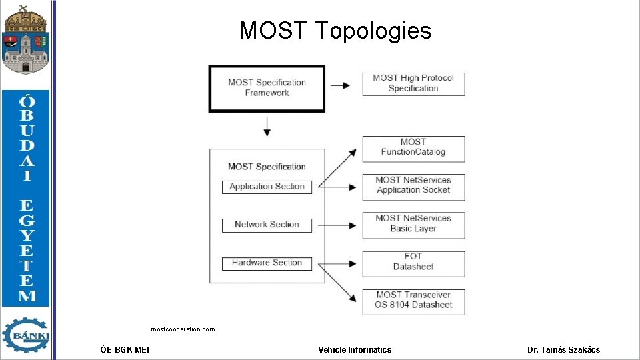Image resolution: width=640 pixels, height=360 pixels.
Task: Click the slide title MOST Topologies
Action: click(335, 31)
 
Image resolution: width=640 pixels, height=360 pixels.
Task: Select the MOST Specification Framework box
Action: click(267, 88)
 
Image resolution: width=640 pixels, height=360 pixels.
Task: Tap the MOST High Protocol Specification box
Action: click(413, 83)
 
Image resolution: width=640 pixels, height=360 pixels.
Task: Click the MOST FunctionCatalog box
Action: click(413, 147)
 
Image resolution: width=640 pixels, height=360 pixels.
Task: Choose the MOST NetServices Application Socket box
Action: click(413, 185)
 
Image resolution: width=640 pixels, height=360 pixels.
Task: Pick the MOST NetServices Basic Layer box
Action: click(413, 224)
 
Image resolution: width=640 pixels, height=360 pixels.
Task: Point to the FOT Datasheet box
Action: click(413, 262)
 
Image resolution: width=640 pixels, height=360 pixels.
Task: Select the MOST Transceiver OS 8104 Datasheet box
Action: click(413, 300)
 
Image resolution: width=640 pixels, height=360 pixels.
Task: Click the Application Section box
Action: click(267, 187)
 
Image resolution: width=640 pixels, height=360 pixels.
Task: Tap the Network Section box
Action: click(267, 225)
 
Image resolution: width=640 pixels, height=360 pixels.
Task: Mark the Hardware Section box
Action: click(267, 263)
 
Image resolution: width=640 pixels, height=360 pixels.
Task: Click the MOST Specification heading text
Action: click(267, 167)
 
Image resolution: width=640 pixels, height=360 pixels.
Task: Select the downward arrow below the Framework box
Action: click(267, 127)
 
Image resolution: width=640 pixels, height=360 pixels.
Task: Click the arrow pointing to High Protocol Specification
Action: click(341, 85)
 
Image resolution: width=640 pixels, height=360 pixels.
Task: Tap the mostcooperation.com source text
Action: click(183, 329)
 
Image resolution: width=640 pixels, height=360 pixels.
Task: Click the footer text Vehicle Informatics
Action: click(355, 349)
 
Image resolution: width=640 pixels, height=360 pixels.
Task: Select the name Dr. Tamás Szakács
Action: click(563, 349)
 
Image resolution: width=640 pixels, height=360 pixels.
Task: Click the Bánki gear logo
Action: click(25, 335)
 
